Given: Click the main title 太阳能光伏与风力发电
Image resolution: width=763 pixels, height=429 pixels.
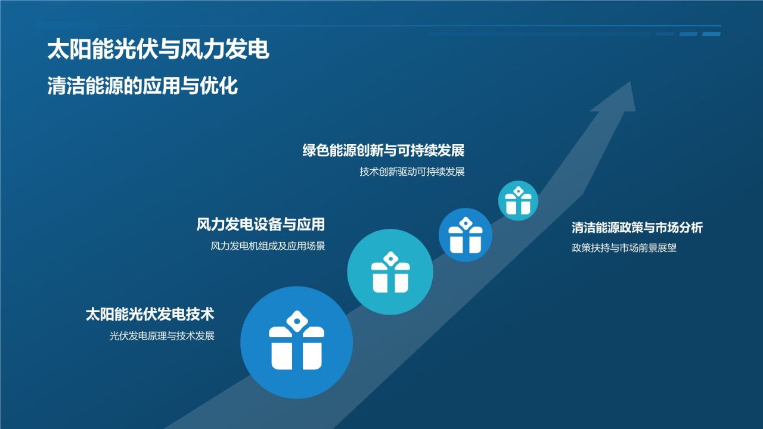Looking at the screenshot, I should pyautogui.click(x=158, y=50).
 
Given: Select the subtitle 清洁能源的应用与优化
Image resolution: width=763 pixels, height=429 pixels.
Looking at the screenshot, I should pyautogui.click(x=142, y=86).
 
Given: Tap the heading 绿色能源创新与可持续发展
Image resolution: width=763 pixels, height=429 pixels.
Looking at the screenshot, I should pyautogui.click(x=383, y=150).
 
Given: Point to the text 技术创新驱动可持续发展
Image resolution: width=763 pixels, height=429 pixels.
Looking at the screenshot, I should pyautogui.click(x=412, y=172).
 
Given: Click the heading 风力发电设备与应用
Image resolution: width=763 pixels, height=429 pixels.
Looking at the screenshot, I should pyautogui.click(x=260, y=225).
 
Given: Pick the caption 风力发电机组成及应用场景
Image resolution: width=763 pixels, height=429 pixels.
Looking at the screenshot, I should pyautogui.click(x=268, y=246).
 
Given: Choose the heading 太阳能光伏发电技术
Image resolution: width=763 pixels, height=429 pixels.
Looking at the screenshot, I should pyautogui.click(x=150, y=314).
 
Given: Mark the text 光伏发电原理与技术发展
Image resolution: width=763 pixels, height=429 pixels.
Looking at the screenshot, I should pyautogui.click(x=162, y=336).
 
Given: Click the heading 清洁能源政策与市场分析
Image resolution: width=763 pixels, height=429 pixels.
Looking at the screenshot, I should pyautogui.click(x=637, y=228).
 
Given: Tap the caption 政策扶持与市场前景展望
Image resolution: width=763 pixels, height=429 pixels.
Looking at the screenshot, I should pyautogui.click(x=624, y=248).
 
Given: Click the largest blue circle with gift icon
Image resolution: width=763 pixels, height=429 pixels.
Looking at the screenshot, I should pyautogui.click(x=296, y=343).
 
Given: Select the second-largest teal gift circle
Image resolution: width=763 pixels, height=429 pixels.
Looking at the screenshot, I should pyautogui.click(x=390, y=272).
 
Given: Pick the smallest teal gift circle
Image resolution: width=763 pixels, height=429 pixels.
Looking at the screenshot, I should pyautogui.click(x=518, y=201).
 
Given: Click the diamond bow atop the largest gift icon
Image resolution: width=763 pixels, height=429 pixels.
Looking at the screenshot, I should pyautogui.click(x=296, y=321).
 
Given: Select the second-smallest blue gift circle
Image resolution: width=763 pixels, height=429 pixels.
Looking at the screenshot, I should pyautogui.click(x=466, y=235).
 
